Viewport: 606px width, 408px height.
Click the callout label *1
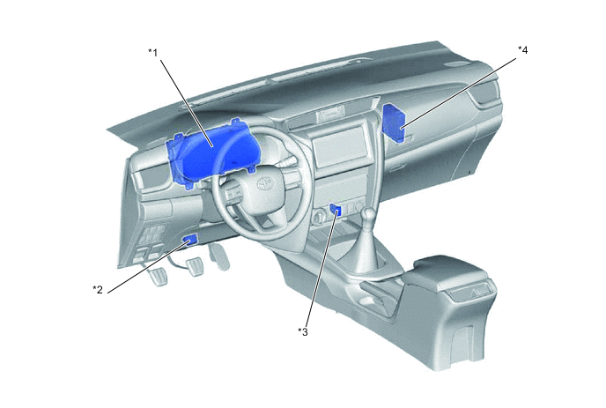pyautogui.click(x=153, y=53)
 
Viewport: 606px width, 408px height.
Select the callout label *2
pyautogui.click(x=98, y=289)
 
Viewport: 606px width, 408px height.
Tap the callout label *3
pyautogui.click(x=303, y=331)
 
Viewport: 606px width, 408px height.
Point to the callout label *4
pyautogui.click(x=522, y=50)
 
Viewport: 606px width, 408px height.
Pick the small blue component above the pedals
pyautogui.click(x=190, y=241)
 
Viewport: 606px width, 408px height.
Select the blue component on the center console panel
pyautogui.click(x=335, y=210)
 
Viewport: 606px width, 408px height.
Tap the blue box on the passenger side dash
pyautogui.click(x=394, y=122)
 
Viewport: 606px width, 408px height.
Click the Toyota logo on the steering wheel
pyautogui.click(x=266, y=184)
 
